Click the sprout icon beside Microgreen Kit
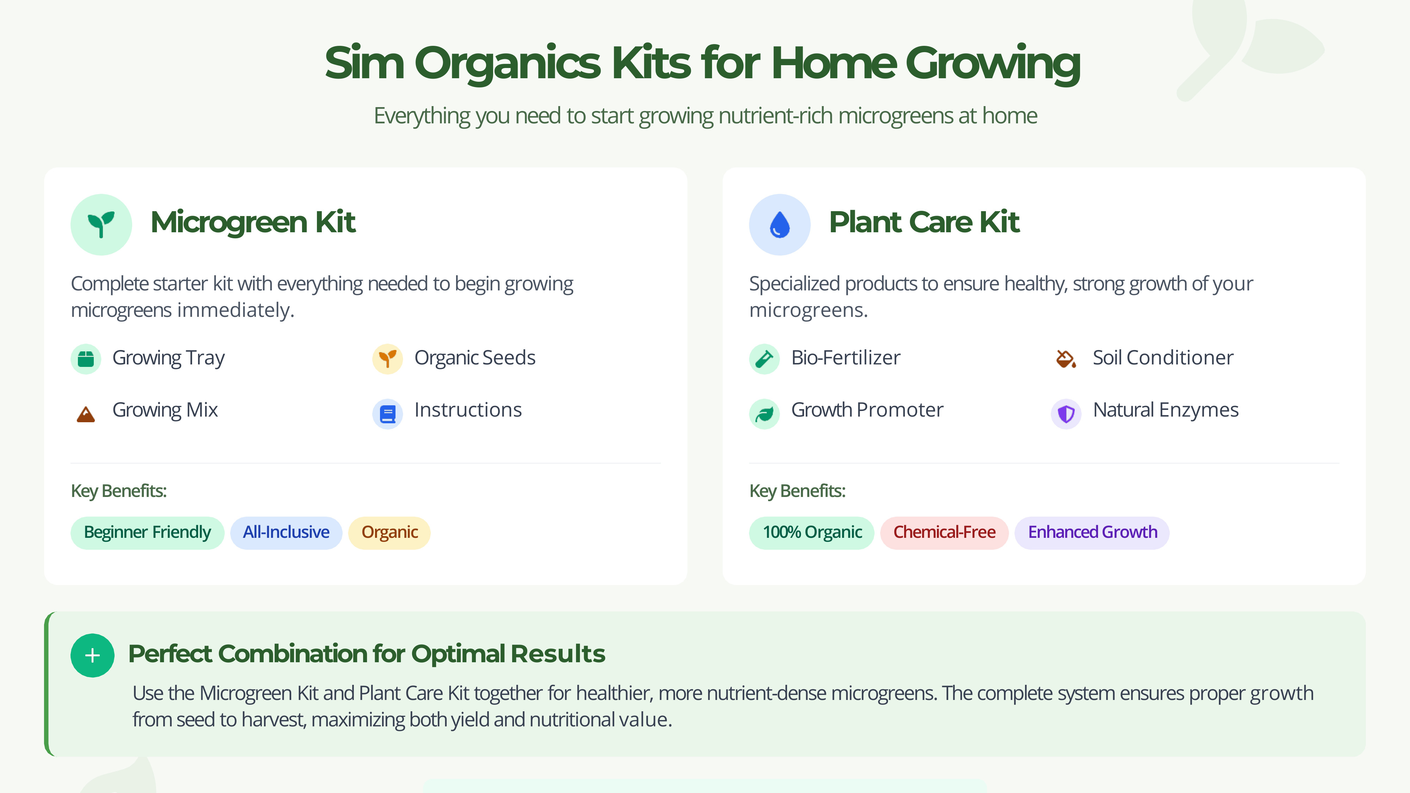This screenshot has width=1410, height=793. click(x=101, y=225)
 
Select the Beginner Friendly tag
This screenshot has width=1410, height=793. click(x=147, y=533)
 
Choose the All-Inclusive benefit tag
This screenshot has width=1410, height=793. click(x=286, y=533)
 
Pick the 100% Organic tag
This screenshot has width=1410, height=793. click(x=812, y=533)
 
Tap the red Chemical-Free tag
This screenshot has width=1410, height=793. click(x=944, y=533)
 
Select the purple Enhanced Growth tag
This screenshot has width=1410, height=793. click(x=1092, y=533)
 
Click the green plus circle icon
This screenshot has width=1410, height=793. click(x=92, y=655)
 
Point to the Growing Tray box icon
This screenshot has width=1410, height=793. click(x=86, y=359)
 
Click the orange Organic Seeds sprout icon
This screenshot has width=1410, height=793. click(x=387, y=359)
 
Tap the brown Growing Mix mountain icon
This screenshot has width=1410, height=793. click(x=86, y=414)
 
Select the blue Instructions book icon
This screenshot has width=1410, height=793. click(x=387, y=414)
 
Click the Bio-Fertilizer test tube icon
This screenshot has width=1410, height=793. click(x=764, y=359)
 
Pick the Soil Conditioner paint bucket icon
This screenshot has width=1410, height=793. click(x=1066, y=359)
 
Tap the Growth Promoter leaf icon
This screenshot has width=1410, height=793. click(x=764, y=414)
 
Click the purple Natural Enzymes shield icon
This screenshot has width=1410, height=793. click(x=1066, y=414)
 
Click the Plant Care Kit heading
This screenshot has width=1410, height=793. click(x=924, y=222)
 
